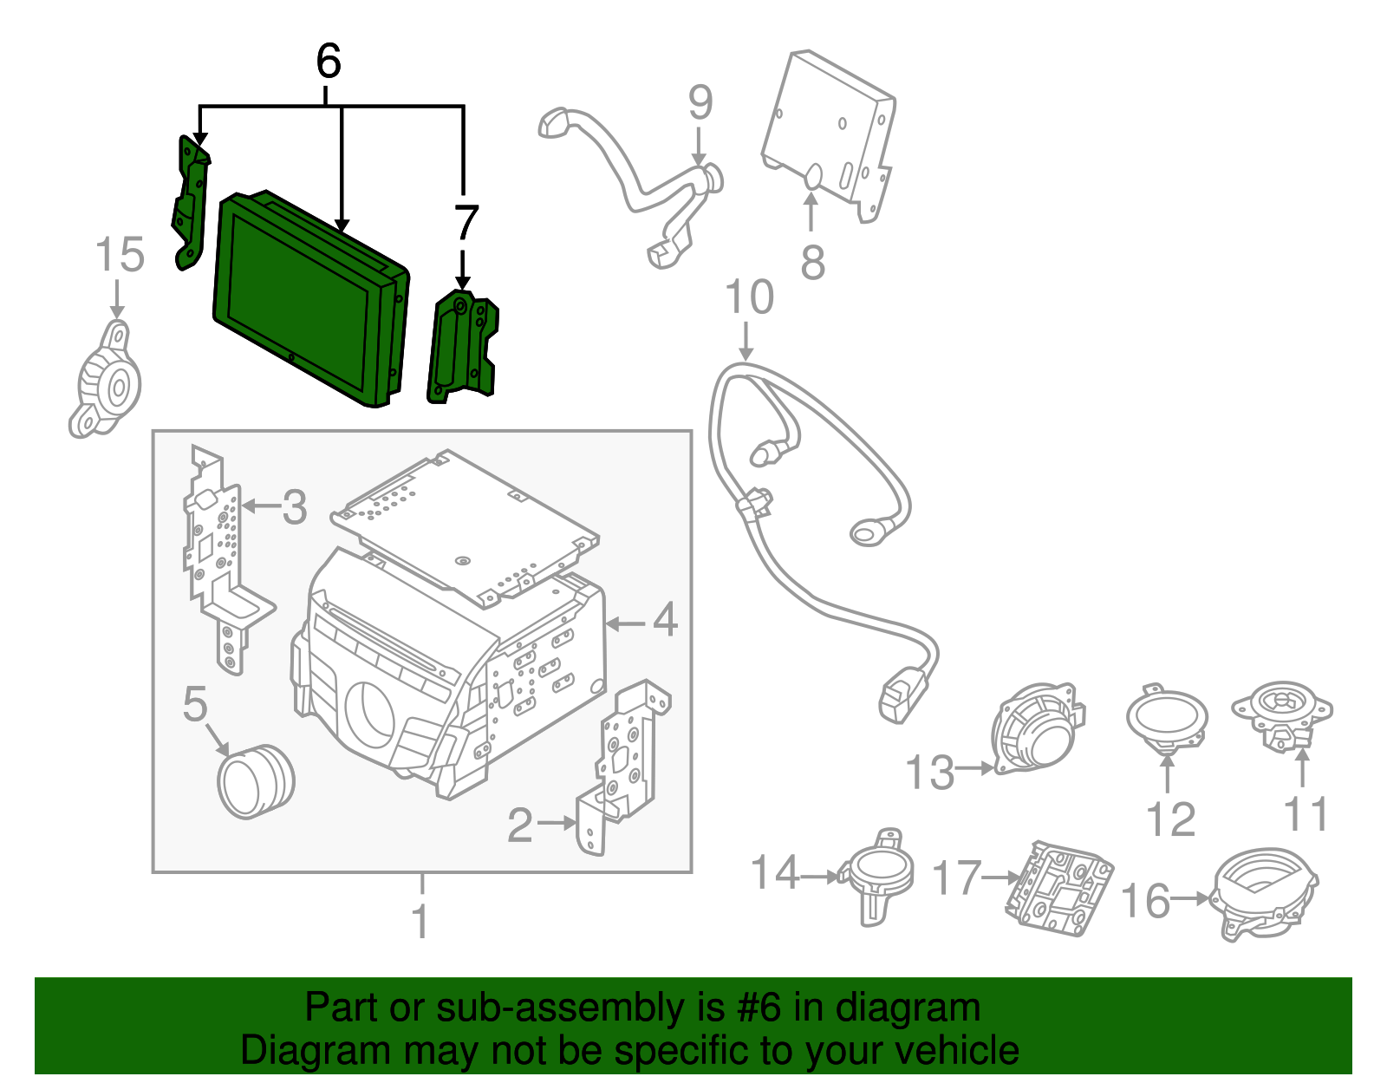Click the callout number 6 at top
329,62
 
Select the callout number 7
466,223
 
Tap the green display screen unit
308,299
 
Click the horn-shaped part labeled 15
107,382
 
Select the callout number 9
700,102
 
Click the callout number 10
749,297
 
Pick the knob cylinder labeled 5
255,780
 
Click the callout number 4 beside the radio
664,621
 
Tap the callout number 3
295,507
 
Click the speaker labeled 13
1036,728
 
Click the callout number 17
956,878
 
